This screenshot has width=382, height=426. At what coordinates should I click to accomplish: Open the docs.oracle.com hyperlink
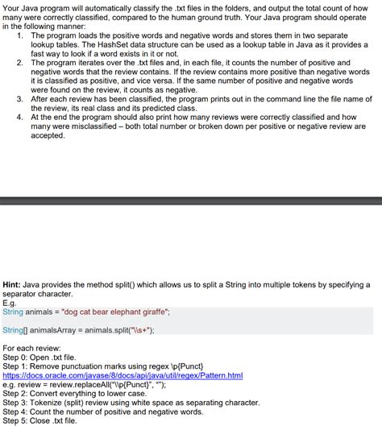122,375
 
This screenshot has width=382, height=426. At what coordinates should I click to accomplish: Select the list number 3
19,98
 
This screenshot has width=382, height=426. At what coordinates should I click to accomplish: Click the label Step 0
16,357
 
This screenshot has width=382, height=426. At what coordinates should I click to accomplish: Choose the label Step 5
16,420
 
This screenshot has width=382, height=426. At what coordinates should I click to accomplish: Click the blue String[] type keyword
15,329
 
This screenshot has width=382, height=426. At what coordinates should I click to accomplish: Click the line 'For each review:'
31,347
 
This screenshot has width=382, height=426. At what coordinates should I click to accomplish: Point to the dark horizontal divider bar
191,199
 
